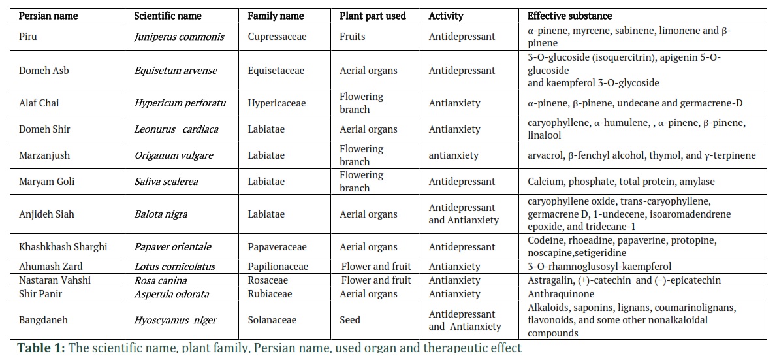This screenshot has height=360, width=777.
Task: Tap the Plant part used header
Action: coord(373,16)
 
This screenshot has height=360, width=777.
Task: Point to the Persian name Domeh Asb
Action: coord(44,71)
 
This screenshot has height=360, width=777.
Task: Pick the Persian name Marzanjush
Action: coord(44,155)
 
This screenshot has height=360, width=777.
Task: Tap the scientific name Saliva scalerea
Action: coord(166,182)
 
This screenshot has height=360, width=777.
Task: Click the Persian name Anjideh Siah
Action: coord(46,215)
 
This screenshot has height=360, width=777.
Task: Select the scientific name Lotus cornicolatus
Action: coord(173,267)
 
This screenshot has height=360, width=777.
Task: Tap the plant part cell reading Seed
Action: coord(350,320)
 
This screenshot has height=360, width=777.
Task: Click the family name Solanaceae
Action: coord(272,320)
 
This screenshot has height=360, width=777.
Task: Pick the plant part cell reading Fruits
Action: coord(352,37)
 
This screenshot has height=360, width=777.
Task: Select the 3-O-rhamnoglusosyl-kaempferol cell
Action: coord(599,267)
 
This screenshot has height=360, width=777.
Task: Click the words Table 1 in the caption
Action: coord(40,348)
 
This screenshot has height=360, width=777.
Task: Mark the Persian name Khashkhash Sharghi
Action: coord(55,247)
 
